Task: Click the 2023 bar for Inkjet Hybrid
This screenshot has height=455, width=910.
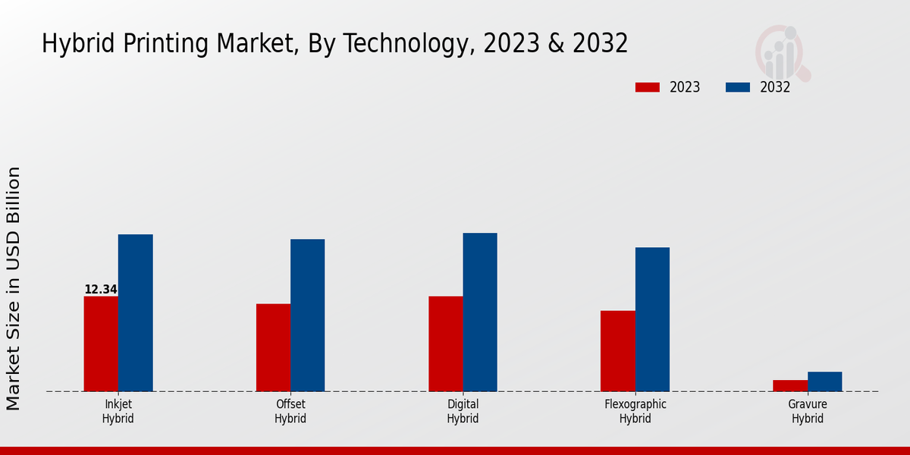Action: coord(101,344)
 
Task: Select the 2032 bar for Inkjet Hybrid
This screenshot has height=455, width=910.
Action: coord(135,312)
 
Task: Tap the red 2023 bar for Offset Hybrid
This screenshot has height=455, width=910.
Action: coord(273,347)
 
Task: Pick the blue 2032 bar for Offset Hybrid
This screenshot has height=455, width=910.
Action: coord(307,315)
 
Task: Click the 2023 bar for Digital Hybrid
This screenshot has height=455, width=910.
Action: coord(445,344)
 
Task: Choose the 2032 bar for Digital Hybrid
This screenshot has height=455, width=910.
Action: coord(480,312)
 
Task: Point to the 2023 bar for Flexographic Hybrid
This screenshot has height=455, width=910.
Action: coord(617,351)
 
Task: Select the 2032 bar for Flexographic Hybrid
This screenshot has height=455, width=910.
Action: coord(652,319)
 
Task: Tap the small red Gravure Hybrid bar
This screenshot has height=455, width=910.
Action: coord(789,385)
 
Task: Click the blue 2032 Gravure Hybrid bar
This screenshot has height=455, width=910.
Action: coord(824,381)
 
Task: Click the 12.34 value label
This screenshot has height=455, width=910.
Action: coord(101,290)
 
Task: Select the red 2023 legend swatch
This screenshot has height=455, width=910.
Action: coord(647,87)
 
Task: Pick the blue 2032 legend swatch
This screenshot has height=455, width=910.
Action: coord(737,87)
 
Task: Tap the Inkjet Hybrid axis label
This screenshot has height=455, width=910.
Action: coord(118,411)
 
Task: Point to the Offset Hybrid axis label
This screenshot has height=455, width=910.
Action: coord(290,411)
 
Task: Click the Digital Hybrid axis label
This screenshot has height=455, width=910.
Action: coord(463,411)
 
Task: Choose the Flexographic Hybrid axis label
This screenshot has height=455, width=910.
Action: coord(635,411)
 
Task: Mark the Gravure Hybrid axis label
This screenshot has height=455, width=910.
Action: coord(808,411)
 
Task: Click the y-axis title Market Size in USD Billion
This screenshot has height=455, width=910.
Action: coord(14,288)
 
